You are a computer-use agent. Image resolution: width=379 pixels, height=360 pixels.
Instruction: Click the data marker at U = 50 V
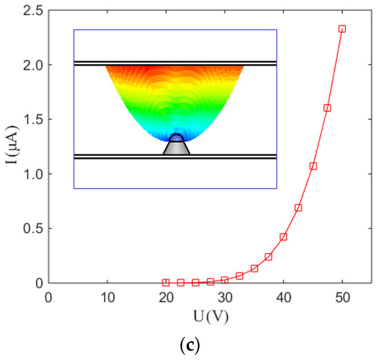click(x=342, y=29)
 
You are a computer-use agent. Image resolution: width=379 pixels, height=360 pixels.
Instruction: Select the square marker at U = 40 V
click(x=283, y=237)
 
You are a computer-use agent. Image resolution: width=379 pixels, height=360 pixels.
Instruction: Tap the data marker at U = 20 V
click(x=165, y=282)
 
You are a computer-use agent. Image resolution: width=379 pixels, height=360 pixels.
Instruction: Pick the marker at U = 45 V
click(x=313, y=166)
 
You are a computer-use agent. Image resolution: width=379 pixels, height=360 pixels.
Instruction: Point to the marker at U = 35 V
click(x=254, y=268)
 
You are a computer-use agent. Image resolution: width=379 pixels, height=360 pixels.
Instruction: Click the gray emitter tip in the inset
click(x=176, y=147)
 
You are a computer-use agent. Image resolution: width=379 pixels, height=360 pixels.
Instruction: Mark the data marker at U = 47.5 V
click(x=327, y=108)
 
